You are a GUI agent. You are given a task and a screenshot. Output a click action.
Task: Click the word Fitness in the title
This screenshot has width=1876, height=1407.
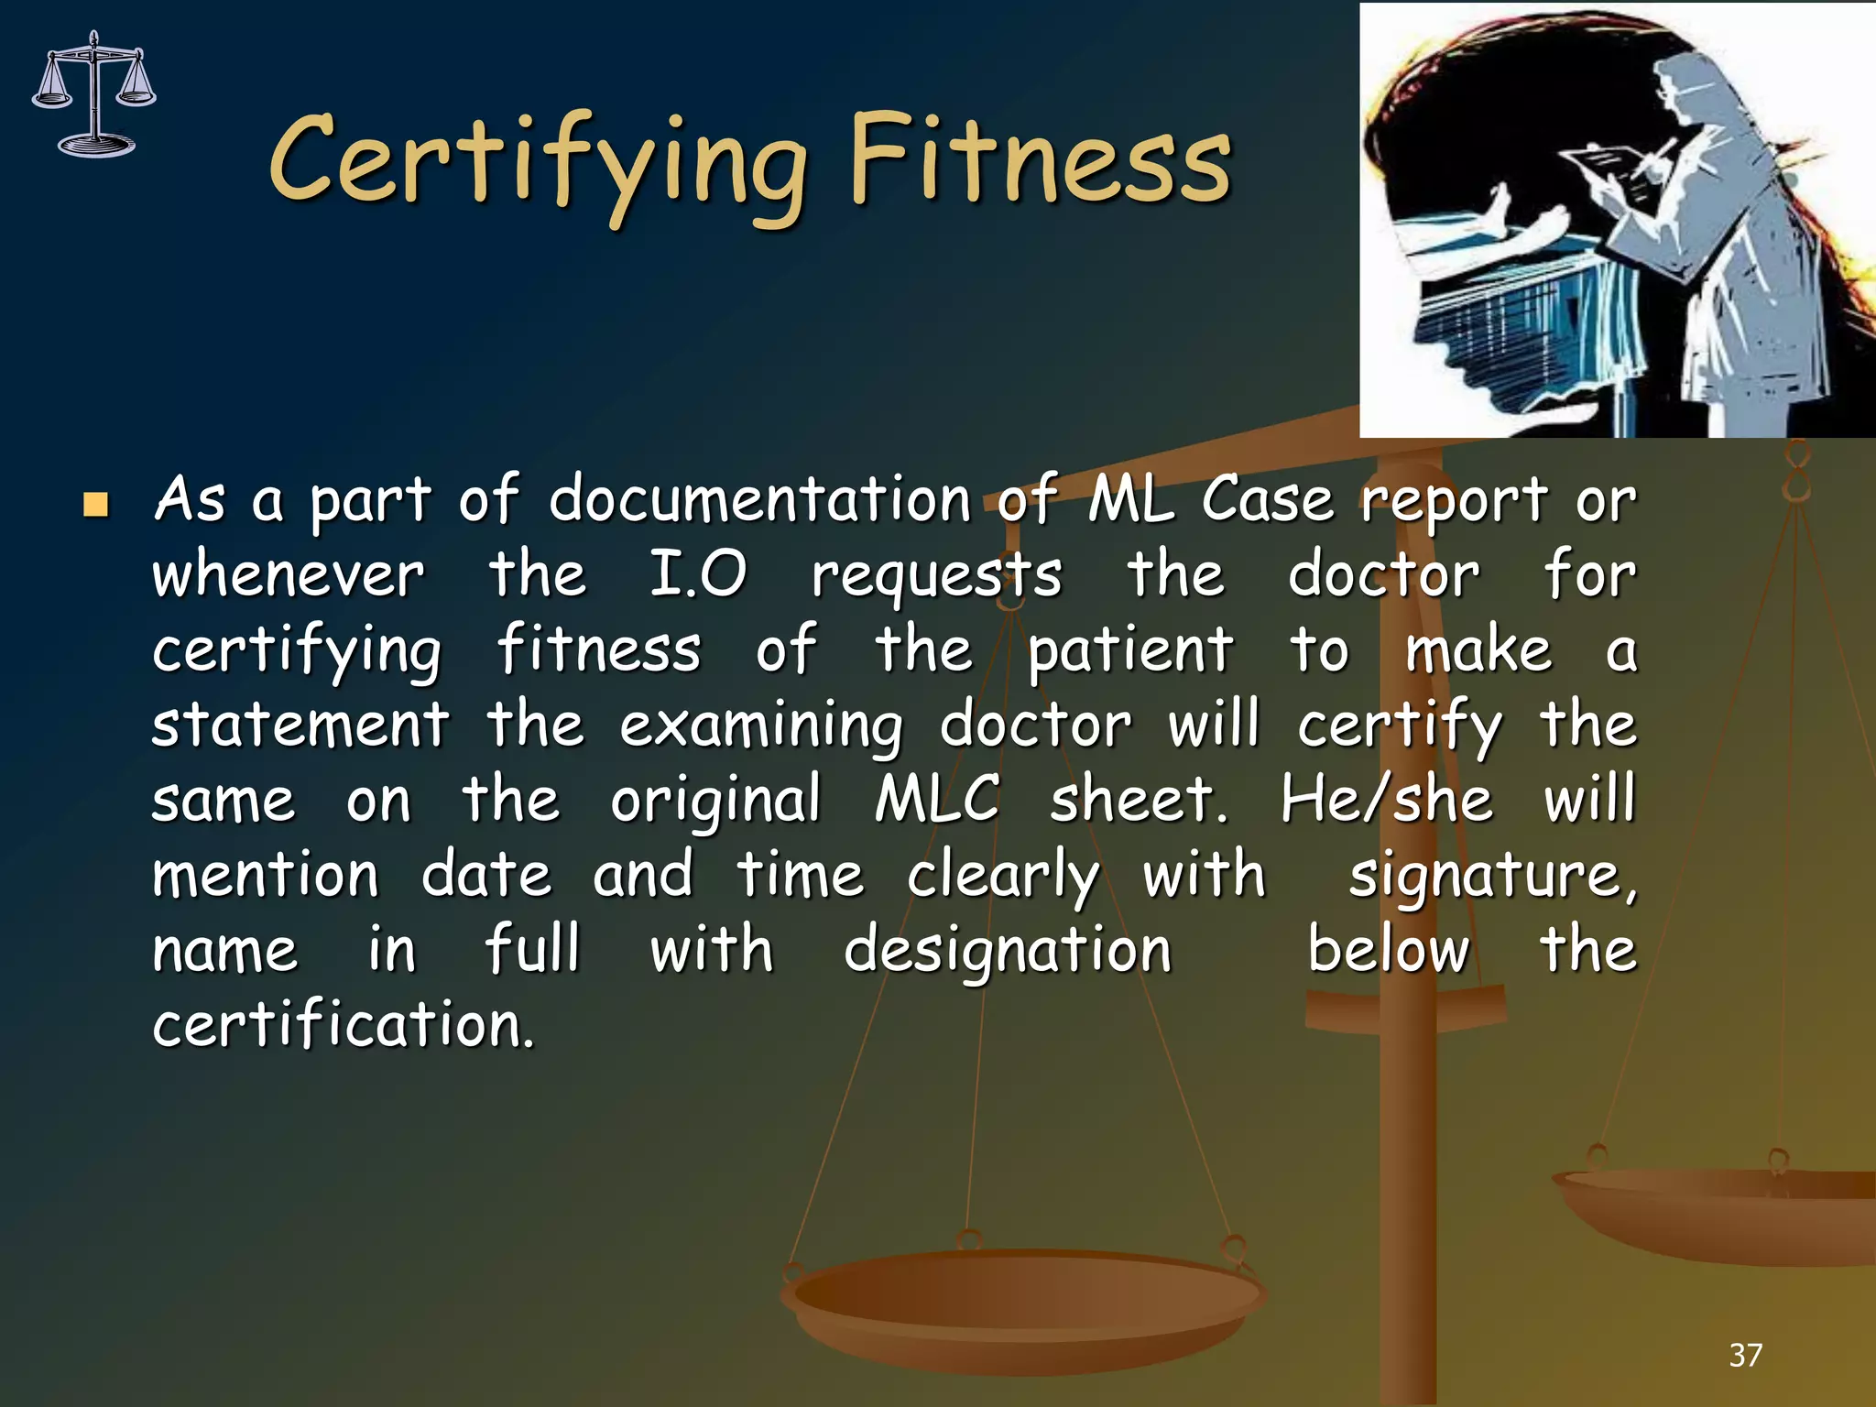pyautogui.click(x=1040, y=160)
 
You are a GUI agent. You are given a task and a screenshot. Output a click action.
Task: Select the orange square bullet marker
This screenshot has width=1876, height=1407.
pyautogui.click(x=95, y=505)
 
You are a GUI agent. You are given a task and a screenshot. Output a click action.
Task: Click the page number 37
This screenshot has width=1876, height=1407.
pyautogui.click(x=1745, y=1355)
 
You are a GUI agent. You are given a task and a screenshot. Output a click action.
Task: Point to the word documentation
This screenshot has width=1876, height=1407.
pyautogui.click(x=759, y=501)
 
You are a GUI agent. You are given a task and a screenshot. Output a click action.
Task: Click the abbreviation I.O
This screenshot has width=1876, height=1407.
pyautogui.click(x=698, y=576)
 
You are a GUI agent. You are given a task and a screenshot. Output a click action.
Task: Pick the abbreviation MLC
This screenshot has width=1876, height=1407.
pyautogui.click(x=937, y=799)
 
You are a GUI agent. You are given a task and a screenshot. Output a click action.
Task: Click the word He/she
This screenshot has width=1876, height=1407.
pyautogui.click(x=1387, y=799)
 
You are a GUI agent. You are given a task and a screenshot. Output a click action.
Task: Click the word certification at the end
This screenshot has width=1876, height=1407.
pyautogui.click(x=343, y=1025)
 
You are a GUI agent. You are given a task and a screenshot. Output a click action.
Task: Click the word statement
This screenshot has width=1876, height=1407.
pyautogui.click(x=300, y=725)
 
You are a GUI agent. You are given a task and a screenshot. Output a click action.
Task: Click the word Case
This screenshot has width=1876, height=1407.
pyautogui.click(x=1267, y=501)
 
